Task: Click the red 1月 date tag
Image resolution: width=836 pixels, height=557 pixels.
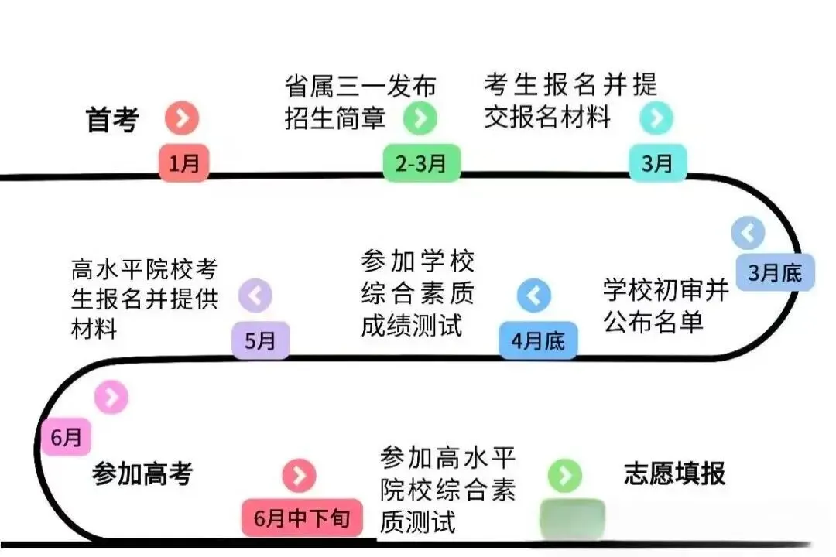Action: pos(184,163)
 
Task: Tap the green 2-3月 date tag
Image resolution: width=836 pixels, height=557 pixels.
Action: pos(422,163)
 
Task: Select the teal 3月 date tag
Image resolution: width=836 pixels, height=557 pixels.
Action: pos(657,163)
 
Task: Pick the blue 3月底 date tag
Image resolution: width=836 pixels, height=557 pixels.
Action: pos(775,272)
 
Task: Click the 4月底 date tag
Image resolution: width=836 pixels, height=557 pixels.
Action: pos(538,340)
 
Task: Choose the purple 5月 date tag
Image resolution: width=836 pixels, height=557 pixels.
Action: pos(261,340)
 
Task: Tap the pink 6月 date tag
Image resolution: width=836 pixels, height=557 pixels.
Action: pos(67,437)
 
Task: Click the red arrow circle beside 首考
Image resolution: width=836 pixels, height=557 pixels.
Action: pos(182,118)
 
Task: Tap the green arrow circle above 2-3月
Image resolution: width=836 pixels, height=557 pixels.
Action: pos(420,118)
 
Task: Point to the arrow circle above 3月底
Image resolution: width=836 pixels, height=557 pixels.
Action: pos(748,232)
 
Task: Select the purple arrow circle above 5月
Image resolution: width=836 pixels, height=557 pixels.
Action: pos(255,296)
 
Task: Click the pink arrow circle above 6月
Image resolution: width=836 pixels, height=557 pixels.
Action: pos(111,397)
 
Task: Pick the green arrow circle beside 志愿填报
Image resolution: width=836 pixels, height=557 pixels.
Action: pos(564,475)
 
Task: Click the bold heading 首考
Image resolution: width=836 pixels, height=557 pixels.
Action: pos(112,120)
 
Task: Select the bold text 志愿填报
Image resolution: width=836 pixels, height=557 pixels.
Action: pos(674,473)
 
